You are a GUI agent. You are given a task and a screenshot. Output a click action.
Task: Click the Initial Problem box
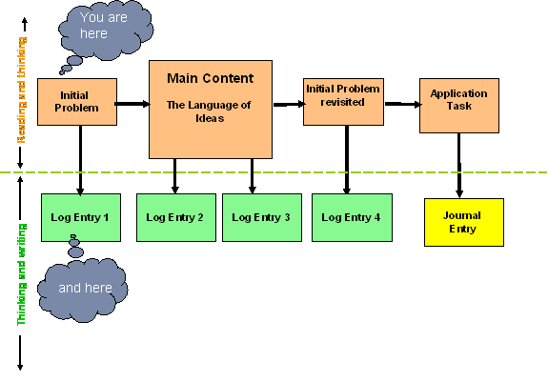[x=77, y=102]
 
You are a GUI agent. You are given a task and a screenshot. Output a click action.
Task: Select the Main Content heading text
[x=210, y=78]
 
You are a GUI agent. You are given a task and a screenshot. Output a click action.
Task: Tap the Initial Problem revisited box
[x=343, y=102]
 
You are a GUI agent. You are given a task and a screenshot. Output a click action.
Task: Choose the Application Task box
[x=459, y=106]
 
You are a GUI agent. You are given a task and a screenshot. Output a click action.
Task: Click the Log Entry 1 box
[x=81, y=217]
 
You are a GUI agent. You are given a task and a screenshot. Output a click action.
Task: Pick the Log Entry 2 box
[x=176, y=217]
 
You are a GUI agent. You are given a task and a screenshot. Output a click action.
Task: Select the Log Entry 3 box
[x=262, y=217]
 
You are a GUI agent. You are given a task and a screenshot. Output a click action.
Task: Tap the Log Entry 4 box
[x=352, y=217]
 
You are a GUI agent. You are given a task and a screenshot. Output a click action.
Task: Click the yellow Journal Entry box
[x=464, y=222]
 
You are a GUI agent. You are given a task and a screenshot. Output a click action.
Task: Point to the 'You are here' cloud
[x=106, y=30]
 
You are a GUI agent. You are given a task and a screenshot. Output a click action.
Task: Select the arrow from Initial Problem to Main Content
[x=132, y=104]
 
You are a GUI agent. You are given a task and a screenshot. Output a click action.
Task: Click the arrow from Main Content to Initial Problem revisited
[x=289, y=104]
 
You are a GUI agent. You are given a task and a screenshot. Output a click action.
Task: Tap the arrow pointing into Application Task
[x=403, y=104]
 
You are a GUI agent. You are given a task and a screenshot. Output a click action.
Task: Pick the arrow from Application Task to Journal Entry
[x=459, y=166]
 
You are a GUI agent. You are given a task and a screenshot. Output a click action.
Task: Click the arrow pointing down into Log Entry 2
[x=174, y=176]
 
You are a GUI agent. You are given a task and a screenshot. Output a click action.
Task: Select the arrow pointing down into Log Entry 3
[x=252, y=176]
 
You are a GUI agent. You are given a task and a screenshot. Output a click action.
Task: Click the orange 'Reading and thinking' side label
[x=22, y=90]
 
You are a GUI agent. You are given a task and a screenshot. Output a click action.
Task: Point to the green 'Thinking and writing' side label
[x=21, y=274]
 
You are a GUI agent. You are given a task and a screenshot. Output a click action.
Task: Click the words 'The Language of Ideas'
[x=209, y=111]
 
